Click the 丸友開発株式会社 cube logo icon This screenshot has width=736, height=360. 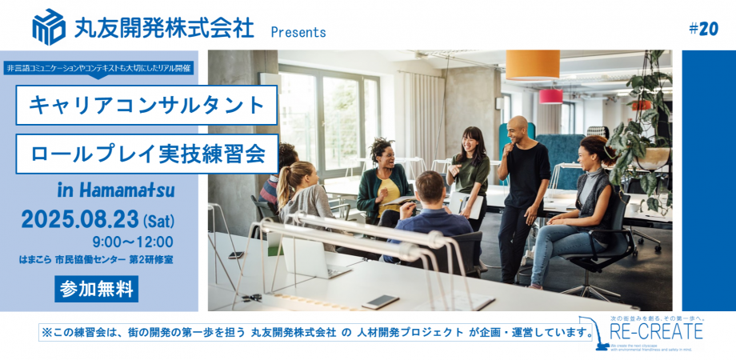click(49, 26)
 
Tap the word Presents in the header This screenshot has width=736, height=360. click(298, 32)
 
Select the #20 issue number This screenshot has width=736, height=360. click(703, 29)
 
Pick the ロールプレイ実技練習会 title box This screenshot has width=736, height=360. click(148, 154)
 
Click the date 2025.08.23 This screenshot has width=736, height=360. click(79, 218)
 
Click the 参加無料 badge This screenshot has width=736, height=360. click(96, 289)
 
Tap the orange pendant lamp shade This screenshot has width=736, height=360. click(532, 65)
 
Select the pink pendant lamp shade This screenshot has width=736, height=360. click(550, 96)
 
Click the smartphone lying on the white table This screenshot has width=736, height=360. click(381, 301)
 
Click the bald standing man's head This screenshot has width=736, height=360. click(518, 127)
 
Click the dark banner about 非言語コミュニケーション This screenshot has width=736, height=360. click(98, 68)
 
